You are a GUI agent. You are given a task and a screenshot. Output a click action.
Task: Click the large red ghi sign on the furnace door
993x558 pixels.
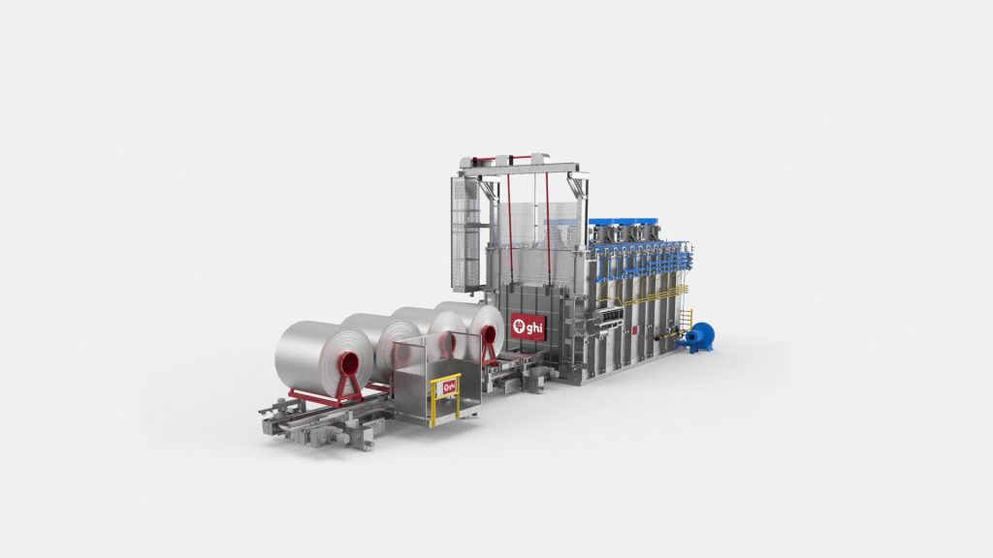[528, 327]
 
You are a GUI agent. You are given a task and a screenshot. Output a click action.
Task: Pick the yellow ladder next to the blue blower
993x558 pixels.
[686, 319]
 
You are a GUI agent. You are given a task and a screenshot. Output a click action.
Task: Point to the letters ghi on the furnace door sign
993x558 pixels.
[534, 327]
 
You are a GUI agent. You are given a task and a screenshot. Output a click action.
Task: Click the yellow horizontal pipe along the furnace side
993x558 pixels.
[635, 298]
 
